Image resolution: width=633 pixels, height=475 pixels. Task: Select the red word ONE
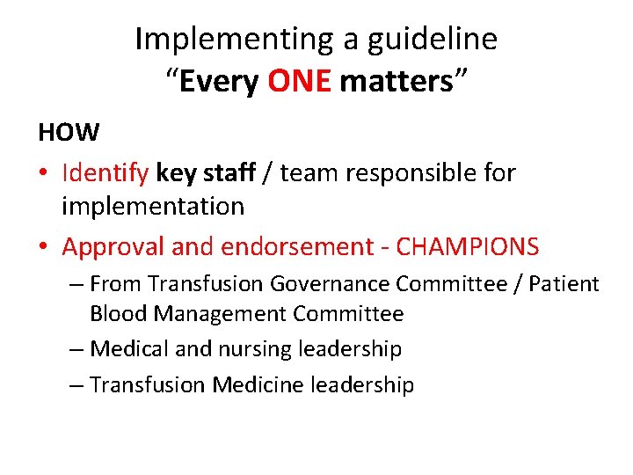[x=300, y=82]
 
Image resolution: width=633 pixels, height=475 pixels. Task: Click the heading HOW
[x=69, y=133]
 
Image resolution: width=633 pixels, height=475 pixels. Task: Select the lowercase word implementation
[x=153, y=207]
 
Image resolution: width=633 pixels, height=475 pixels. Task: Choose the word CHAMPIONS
[x=468, y=247]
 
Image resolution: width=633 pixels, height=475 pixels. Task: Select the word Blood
[x=119, y=314]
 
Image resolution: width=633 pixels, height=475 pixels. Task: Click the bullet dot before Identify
[x=43, y=174]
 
